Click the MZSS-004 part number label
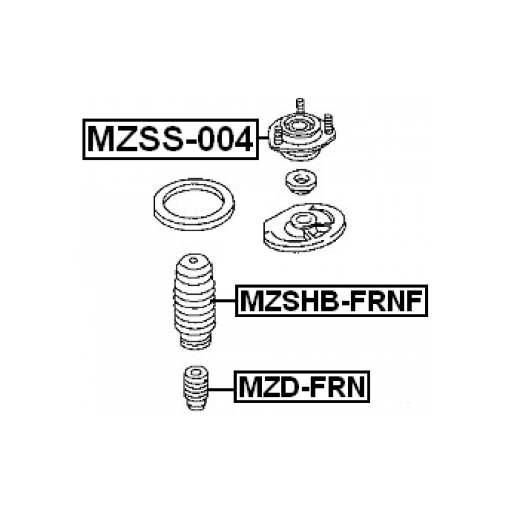(x=171, y=139)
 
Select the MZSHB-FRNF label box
(x=331, y=301)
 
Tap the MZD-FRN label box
(x=302, y=387)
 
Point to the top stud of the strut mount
(x=300, y=106)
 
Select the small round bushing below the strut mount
(x=300, y=182)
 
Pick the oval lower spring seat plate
(x=304, y=227)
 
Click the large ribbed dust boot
(x=194, y=302)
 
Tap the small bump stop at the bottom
(x=195, y=388)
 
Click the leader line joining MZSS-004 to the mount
(x=264, y=138)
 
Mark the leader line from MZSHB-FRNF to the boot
(x=225, y=300)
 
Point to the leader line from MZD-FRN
(x=221, y=389)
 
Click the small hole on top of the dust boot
(x=194, y=260)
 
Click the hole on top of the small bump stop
(x=196, y=372)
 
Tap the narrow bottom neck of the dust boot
(x=195, y=342)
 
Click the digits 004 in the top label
(x=226, y=139)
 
